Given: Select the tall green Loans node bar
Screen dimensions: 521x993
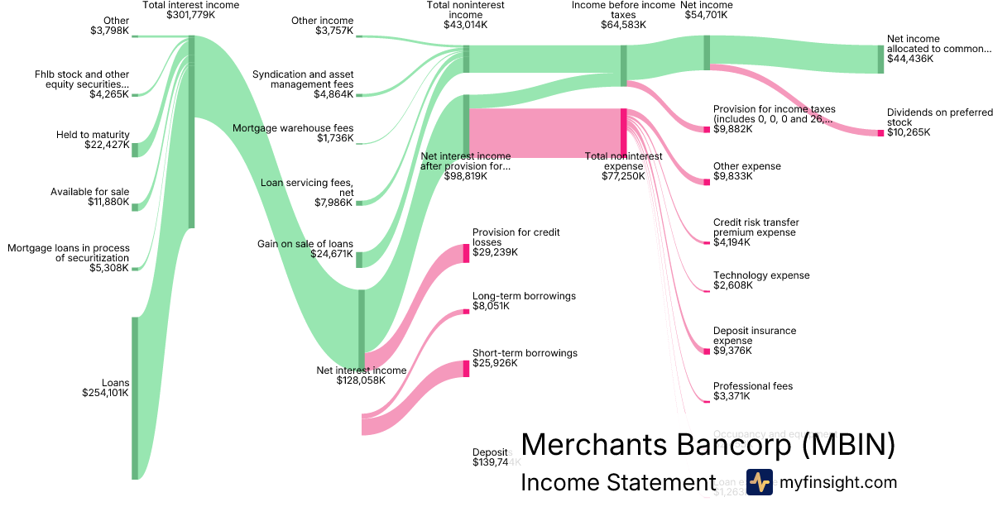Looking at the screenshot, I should [135, 397].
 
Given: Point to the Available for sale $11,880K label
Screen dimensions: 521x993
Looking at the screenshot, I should [90, 198].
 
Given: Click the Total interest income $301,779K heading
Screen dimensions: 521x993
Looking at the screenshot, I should [191, 10].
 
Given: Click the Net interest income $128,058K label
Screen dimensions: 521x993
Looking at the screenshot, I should [362, 375].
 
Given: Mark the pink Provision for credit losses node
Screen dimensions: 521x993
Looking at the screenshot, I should [466, 253].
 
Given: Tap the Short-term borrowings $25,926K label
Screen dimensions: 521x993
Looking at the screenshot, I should [525, 358].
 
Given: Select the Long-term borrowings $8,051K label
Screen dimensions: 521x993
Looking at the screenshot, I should [524, 300].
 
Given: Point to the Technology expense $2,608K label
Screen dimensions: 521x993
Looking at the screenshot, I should [761, 280].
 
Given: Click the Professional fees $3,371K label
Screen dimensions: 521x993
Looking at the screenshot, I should [753, 391].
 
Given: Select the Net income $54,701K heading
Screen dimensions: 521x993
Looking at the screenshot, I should [706, 10].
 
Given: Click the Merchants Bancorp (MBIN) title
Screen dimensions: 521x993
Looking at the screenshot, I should [708, 445].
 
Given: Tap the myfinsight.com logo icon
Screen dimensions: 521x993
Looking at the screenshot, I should [759, 482].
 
